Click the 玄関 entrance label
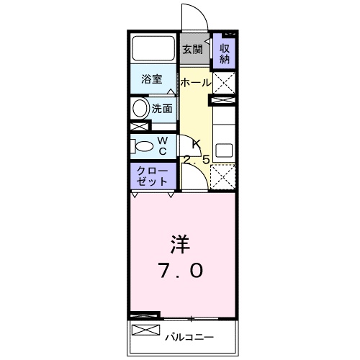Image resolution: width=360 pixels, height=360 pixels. [191, 50]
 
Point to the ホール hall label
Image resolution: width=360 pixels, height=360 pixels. [195, 83]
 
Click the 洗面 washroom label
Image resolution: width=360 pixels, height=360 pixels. [162, 109]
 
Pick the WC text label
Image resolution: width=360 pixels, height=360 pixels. [163, 145]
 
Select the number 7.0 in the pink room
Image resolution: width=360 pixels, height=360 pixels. [181, 271]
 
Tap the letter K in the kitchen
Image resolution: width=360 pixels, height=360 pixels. [195, 143]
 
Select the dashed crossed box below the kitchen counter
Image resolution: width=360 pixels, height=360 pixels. [224, 175]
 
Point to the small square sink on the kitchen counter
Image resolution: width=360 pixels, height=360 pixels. [224, 152]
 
